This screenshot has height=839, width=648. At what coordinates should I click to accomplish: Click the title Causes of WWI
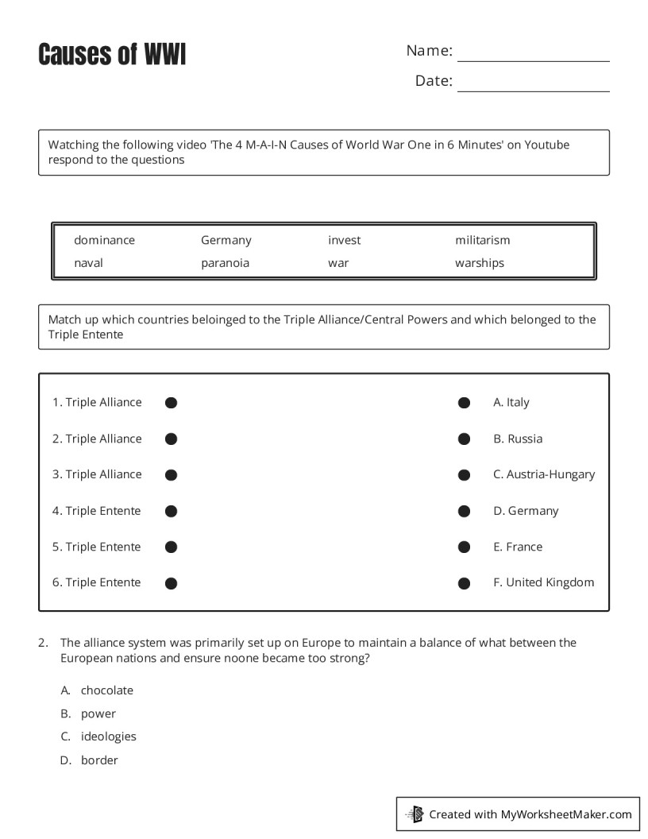112,55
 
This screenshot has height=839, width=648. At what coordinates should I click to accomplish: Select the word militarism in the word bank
482,240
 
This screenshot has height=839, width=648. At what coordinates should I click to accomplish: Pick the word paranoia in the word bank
225,263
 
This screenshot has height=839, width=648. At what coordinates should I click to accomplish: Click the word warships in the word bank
479,263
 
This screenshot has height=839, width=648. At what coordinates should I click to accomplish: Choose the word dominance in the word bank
104,240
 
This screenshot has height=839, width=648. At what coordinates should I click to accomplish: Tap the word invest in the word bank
344,240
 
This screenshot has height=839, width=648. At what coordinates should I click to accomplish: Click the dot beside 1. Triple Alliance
171,403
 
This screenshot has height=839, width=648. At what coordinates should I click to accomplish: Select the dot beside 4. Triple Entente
171,511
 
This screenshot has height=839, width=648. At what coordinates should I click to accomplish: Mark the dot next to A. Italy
464,403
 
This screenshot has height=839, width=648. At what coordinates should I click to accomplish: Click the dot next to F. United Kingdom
464,583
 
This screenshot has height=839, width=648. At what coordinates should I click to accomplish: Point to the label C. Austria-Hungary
543,474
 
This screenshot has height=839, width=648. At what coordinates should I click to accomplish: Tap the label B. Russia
518,439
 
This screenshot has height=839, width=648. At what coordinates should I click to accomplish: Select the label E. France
518,547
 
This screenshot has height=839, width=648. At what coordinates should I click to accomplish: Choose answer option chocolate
106,690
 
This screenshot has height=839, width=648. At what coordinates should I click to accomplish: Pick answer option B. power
98,713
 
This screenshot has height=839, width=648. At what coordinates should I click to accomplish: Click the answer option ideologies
108,737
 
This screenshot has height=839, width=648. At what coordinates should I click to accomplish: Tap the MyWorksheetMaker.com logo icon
415,814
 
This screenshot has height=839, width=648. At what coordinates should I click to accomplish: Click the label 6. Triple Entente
97,582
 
